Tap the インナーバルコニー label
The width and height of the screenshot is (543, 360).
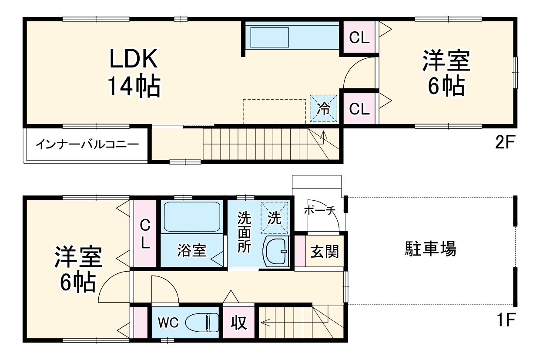tap(87, 144)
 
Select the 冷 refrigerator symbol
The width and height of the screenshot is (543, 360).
tap(323, 108)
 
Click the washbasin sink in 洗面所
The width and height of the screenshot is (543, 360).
tap(276, 251)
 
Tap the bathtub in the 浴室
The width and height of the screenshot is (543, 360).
tap(191, 216)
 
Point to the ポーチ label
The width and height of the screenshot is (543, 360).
tap(320, 210)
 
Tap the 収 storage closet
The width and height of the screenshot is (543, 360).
tap(238, 323)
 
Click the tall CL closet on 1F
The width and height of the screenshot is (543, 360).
tap(144, 234)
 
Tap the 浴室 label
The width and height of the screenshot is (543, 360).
tap(191, 251)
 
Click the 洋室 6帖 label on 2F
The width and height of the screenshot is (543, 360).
tap(446, 74)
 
